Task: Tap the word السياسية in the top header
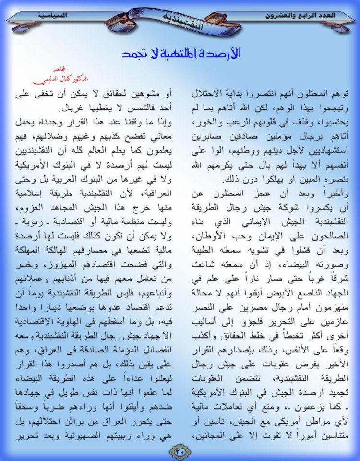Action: (53, 15)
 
